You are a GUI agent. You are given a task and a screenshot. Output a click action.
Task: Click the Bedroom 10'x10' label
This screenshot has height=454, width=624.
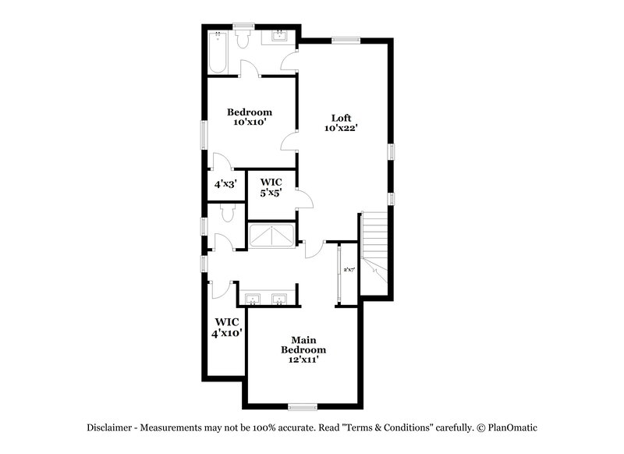pos(250,117)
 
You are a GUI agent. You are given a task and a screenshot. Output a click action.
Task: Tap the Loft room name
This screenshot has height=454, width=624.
pos(342,118)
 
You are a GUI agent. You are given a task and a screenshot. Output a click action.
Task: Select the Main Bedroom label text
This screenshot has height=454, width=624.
pos(303,345)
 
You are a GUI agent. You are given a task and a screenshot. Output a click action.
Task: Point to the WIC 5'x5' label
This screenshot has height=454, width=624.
pos(271,186)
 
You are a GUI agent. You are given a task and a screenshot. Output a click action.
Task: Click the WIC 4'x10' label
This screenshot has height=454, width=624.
pos(226,327)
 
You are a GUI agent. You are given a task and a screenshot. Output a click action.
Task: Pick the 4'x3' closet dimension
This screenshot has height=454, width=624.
pos(225,185)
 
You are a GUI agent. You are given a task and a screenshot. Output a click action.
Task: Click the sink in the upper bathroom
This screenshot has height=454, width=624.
pos(278,36)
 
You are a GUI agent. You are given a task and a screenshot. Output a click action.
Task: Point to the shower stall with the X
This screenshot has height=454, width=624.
pos(271,235)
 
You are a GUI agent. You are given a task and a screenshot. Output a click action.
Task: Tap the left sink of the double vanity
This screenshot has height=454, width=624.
pos(253,298)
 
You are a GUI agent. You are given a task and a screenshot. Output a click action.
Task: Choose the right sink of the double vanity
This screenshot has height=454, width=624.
pos(279,298)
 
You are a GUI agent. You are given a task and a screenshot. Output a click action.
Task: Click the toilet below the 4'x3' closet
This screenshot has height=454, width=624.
pos(228,212)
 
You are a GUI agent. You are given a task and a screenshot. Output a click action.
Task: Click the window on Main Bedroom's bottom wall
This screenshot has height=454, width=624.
pos(303,406)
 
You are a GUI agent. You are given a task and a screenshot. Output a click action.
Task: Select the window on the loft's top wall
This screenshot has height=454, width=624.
pos(343,40)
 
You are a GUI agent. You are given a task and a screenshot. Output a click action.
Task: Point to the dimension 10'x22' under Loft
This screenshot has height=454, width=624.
pos(342,128)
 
